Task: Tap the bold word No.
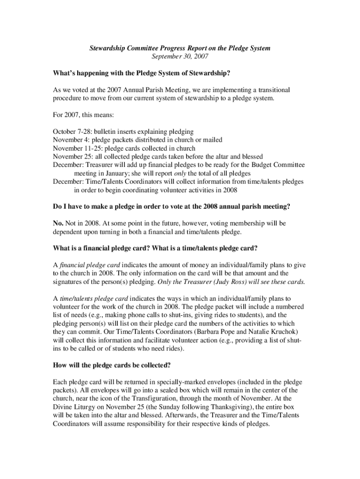pyautogui.click(x=58, y=223)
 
